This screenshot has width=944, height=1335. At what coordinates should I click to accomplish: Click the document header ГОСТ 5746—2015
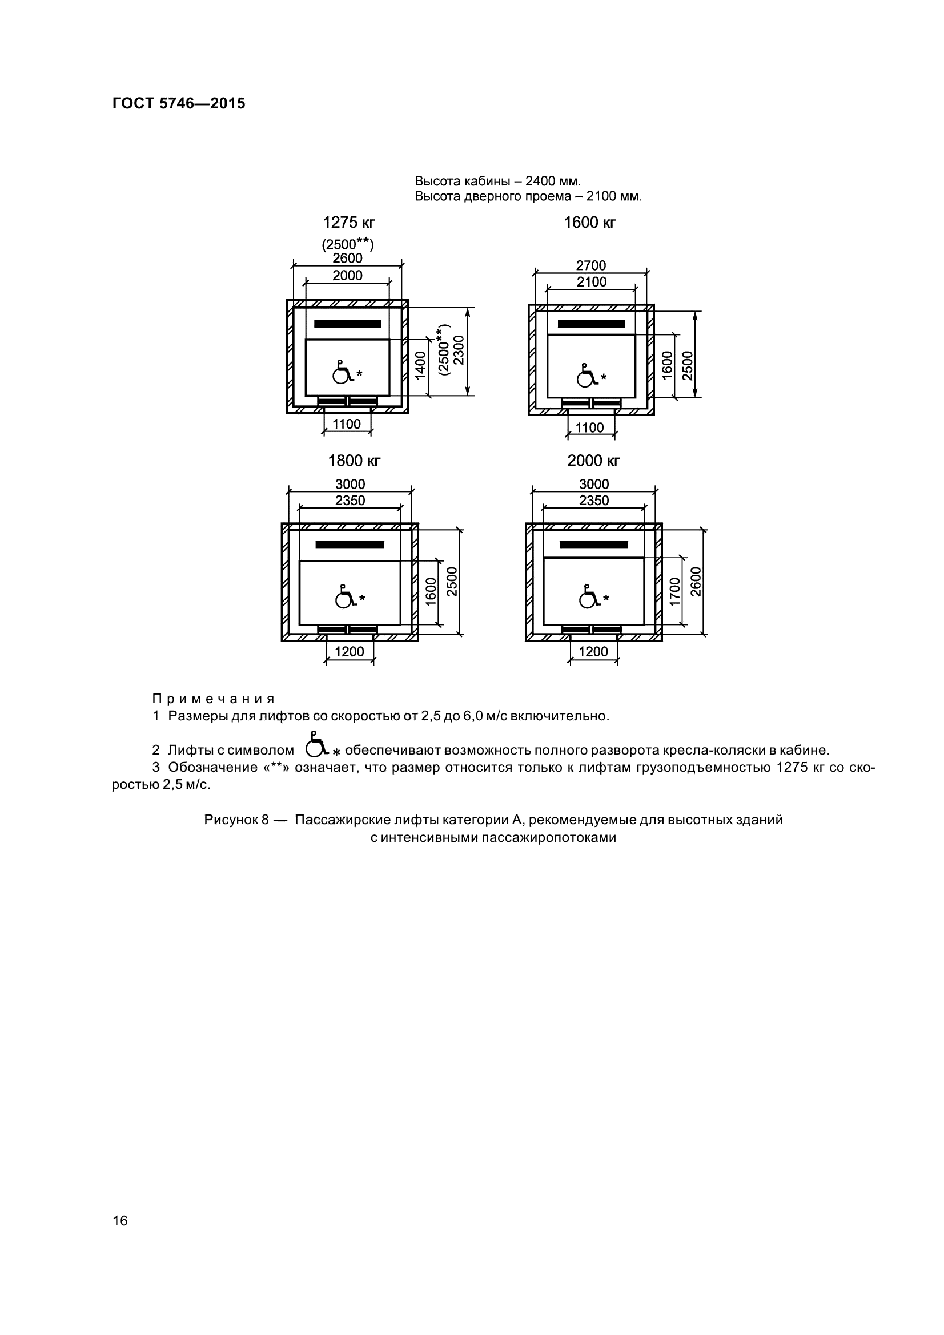[179, 103]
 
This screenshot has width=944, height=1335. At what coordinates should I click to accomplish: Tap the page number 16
[120, 1220]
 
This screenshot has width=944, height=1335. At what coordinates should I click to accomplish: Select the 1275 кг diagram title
[349, 223]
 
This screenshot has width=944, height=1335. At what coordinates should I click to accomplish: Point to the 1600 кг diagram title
[590, 223]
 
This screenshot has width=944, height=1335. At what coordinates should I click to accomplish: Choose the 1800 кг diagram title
[354, 461]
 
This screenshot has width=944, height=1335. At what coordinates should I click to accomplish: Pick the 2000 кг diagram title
[593, 461]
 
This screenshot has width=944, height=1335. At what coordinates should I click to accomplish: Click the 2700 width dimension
[591, 266]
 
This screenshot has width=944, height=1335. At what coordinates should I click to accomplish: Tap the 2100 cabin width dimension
[592, 282]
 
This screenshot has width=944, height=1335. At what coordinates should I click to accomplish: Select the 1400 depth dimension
[420, 365]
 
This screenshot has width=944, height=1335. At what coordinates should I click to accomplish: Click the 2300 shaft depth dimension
[459, 350]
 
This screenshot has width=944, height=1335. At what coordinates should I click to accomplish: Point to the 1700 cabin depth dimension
[674, 592]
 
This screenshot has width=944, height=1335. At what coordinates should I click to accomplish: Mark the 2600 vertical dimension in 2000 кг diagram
[696, 582]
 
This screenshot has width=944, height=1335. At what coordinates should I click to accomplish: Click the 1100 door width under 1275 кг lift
[347, 425]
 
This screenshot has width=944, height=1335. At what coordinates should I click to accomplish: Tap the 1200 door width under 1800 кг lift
[350, 652]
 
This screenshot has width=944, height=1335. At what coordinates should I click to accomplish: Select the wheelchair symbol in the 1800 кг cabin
[345, 596]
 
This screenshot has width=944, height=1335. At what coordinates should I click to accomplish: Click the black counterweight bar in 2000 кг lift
[593, 545]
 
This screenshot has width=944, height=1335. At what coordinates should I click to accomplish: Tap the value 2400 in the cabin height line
[540, 182]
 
